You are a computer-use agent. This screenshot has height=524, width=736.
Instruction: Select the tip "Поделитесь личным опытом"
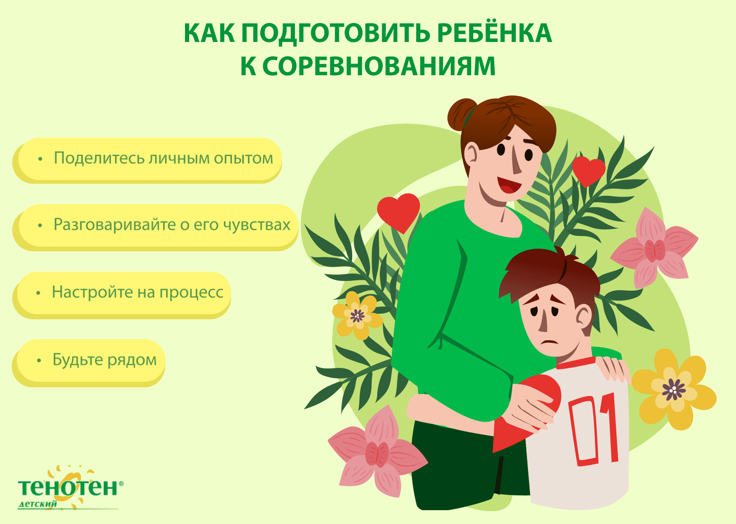coord(164,158)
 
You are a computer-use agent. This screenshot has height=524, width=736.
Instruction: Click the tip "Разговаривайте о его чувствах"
coord(172,225)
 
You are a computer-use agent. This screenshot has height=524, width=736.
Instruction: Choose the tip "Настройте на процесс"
coord(137,292)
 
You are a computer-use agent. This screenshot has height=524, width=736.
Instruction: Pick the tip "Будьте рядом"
coord(104,360)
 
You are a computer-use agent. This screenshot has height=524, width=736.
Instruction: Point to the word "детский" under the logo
coord(38,504)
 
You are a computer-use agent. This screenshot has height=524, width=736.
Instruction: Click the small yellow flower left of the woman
coord(357,315)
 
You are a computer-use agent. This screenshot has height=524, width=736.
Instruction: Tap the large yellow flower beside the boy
coord(674,390)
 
